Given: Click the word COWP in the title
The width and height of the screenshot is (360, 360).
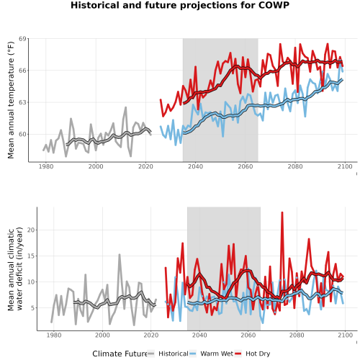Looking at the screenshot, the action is (x=274, y=5).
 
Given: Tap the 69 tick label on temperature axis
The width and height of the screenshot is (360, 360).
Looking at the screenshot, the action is (x=22, y=39).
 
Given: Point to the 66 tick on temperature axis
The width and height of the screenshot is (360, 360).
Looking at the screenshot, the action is (x=22, y=71).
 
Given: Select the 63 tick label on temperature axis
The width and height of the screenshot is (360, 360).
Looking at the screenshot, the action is (x=22, y=102).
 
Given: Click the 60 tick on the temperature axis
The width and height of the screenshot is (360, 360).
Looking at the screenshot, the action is (x=22, y=135).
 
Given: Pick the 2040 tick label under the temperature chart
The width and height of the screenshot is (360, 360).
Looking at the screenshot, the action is (x=195, y=166).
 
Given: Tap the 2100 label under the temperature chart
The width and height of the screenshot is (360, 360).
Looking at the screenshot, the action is (x=345, y=166).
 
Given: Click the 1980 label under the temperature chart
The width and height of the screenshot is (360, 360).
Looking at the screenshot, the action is (x=46, y=166).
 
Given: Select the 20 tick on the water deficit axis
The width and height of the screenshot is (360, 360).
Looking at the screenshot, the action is (x=31, y=230).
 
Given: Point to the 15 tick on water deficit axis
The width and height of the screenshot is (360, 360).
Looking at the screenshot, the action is (x=31, y=256).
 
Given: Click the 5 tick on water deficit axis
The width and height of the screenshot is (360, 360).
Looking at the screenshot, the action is (x=33, y=308).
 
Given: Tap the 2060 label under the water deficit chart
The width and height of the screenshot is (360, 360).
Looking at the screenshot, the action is (x=248, y=336).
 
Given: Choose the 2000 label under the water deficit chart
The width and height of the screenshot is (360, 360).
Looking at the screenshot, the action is (x=102, y=336).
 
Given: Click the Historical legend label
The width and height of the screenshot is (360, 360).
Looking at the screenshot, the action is (x=174, y=354).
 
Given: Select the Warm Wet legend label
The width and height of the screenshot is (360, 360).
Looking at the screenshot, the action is (x=217, y=354).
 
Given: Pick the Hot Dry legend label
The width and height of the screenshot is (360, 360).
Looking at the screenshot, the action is (x=258, y=354).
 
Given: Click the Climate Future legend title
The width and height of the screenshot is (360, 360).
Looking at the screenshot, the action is (x=120, y=354).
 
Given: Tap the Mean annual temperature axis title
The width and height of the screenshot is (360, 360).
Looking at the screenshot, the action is (x=11, y=100).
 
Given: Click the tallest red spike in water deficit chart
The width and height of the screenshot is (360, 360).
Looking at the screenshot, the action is (x=282, y=212).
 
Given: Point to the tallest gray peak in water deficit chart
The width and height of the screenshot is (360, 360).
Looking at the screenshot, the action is (x=120, y=255).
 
